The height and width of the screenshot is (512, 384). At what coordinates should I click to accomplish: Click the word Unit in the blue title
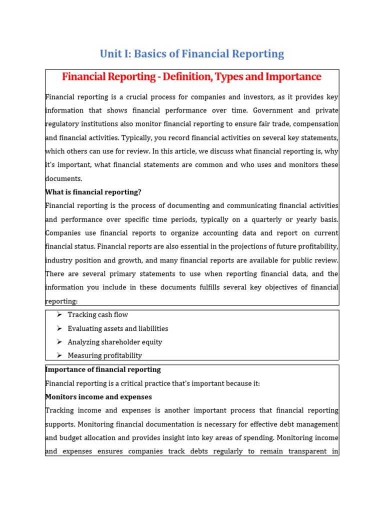(x=110, y=54)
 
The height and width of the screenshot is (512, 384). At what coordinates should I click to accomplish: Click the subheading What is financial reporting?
(x=93, y=192)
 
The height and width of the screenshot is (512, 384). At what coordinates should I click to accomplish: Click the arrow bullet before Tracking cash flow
(x=59, y=314)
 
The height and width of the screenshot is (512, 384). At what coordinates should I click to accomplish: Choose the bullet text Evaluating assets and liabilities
(x=118, y=328)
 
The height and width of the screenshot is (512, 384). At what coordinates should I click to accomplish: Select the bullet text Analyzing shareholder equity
(x=115, y=342)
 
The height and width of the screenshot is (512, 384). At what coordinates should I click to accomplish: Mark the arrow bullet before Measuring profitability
(x=59, y=355)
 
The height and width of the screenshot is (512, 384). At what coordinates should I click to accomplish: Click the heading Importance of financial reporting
(x=103, y=369)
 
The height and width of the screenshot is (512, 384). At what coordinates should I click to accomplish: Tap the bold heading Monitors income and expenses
(x=98, y=397)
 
